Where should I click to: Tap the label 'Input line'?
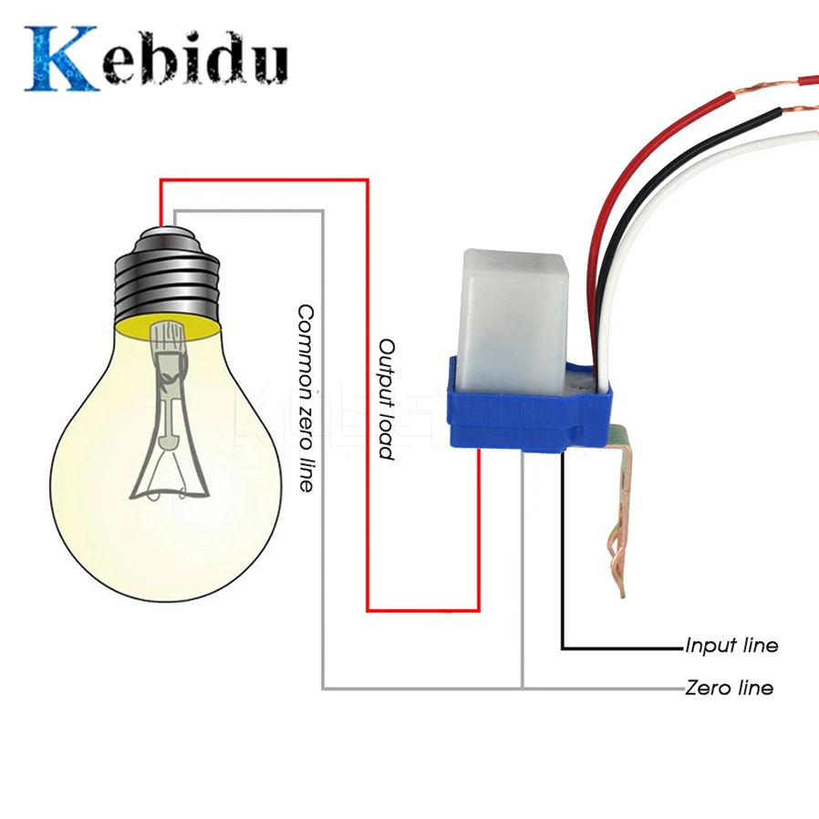pyautogui.click(x=731, y=646)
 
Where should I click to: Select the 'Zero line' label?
pyautogui.click(x=729, y=688)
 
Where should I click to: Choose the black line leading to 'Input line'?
pyautogui.click(x=563, y=565)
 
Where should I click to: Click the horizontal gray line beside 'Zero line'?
pyautogui.click(x=602, y=688)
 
